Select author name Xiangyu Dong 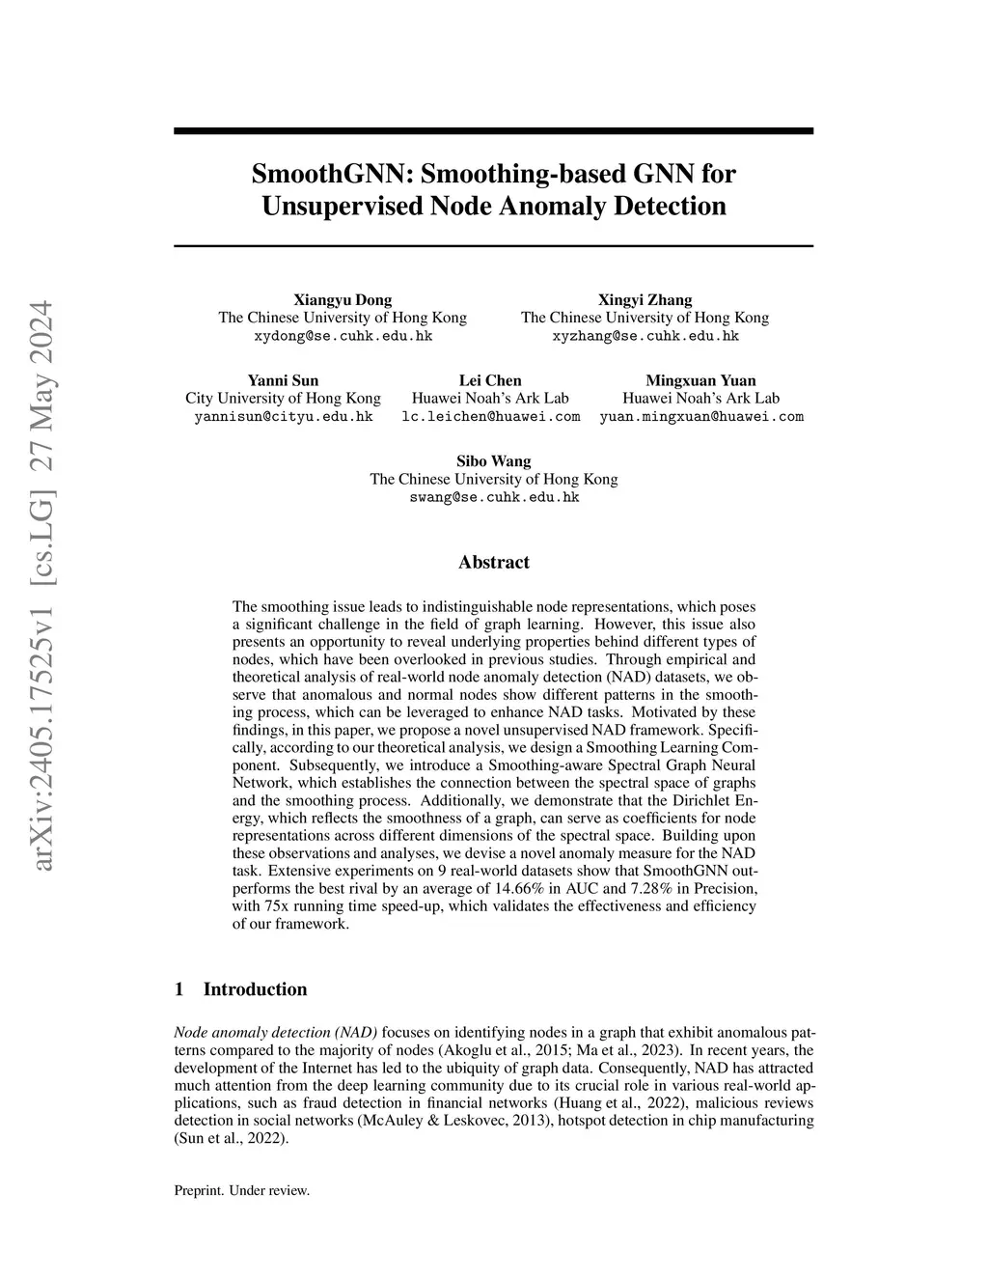(x=343, y=299)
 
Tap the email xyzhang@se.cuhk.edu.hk (x=645, y=336)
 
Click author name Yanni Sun (x=283, y=380)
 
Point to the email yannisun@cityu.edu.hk (x=283, y=417)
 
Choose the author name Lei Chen (x=490, y=380)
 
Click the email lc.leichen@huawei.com (x=490, y=417)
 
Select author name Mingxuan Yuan (x=700, y=380)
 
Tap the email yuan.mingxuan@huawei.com (x=700, y=417)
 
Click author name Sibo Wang (x=494, y=461)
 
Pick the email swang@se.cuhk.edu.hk (x=494, y=498)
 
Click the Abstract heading (x=494, y=563)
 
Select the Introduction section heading (x=255, y=989)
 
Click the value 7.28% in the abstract (x=656, y=888)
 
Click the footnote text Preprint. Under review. (x=242, y=1191)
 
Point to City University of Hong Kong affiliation (x=283, y=399)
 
